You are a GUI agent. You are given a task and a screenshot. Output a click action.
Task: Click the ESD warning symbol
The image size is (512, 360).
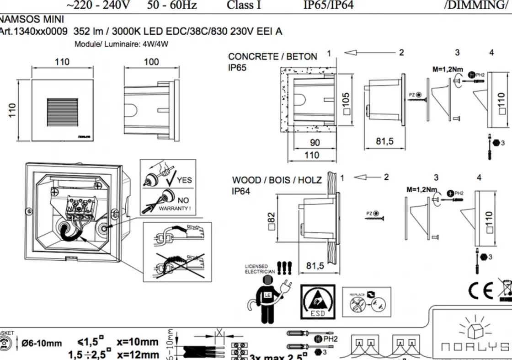318,302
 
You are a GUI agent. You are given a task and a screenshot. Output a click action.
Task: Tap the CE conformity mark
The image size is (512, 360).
480,289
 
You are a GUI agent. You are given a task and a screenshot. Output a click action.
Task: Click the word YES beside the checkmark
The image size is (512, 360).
184,180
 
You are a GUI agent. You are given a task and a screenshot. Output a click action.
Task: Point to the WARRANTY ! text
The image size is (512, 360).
174,208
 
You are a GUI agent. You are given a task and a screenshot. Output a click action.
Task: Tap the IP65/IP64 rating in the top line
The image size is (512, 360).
328,5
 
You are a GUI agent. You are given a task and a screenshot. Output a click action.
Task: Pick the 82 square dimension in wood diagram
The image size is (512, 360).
271,220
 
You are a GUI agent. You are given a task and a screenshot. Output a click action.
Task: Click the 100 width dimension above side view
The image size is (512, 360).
151,62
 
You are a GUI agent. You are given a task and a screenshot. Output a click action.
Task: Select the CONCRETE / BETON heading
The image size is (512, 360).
272,57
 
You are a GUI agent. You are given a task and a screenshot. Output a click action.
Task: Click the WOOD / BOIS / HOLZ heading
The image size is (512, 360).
277,180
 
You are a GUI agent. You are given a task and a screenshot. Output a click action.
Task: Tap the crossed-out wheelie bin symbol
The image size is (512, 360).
505,288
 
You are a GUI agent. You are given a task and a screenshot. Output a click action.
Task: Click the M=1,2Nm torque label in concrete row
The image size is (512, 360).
448,70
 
